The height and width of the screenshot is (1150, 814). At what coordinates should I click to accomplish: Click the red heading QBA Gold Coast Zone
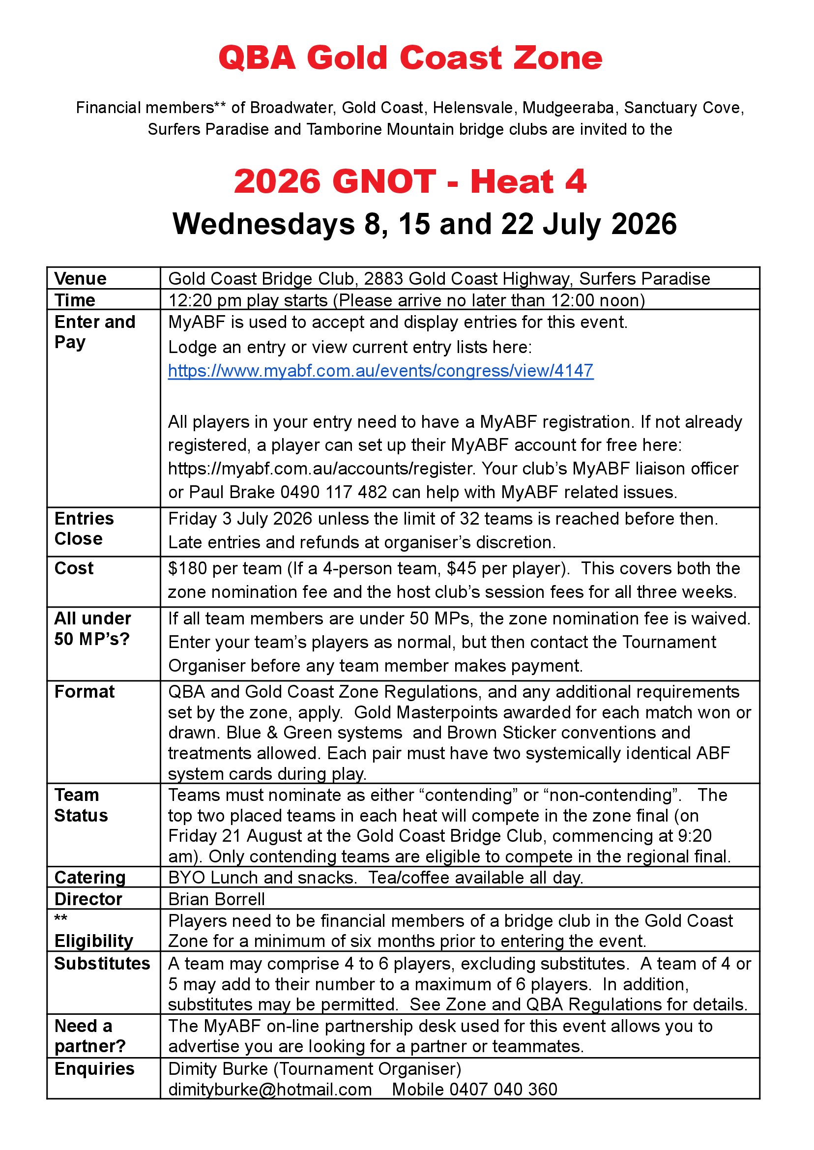410,58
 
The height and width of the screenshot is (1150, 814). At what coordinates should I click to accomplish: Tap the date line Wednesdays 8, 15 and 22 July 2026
424,224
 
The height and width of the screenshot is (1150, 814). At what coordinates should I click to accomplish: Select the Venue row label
80,279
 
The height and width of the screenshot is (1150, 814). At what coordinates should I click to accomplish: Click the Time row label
75,300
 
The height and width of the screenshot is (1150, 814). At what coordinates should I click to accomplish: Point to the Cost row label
74,568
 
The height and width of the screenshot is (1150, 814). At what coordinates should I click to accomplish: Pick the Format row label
84,692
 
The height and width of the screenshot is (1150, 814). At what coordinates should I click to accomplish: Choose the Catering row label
90,878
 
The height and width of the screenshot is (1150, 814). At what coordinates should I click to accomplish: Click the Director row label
88,899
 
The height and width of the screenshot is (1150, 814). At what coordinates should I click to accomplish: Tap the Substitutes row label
102,964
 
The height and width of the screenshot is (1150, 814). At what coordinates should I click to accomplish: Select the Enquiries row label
94,1069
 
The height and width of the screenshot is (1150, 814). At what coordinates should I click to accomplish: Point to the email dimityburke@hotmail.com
270,1090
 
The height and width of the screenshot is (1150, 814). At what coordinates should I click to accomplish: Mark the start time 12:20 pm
198,300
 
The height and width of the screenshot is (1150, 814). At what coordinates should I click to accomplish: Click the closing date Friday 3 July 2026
240,519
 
